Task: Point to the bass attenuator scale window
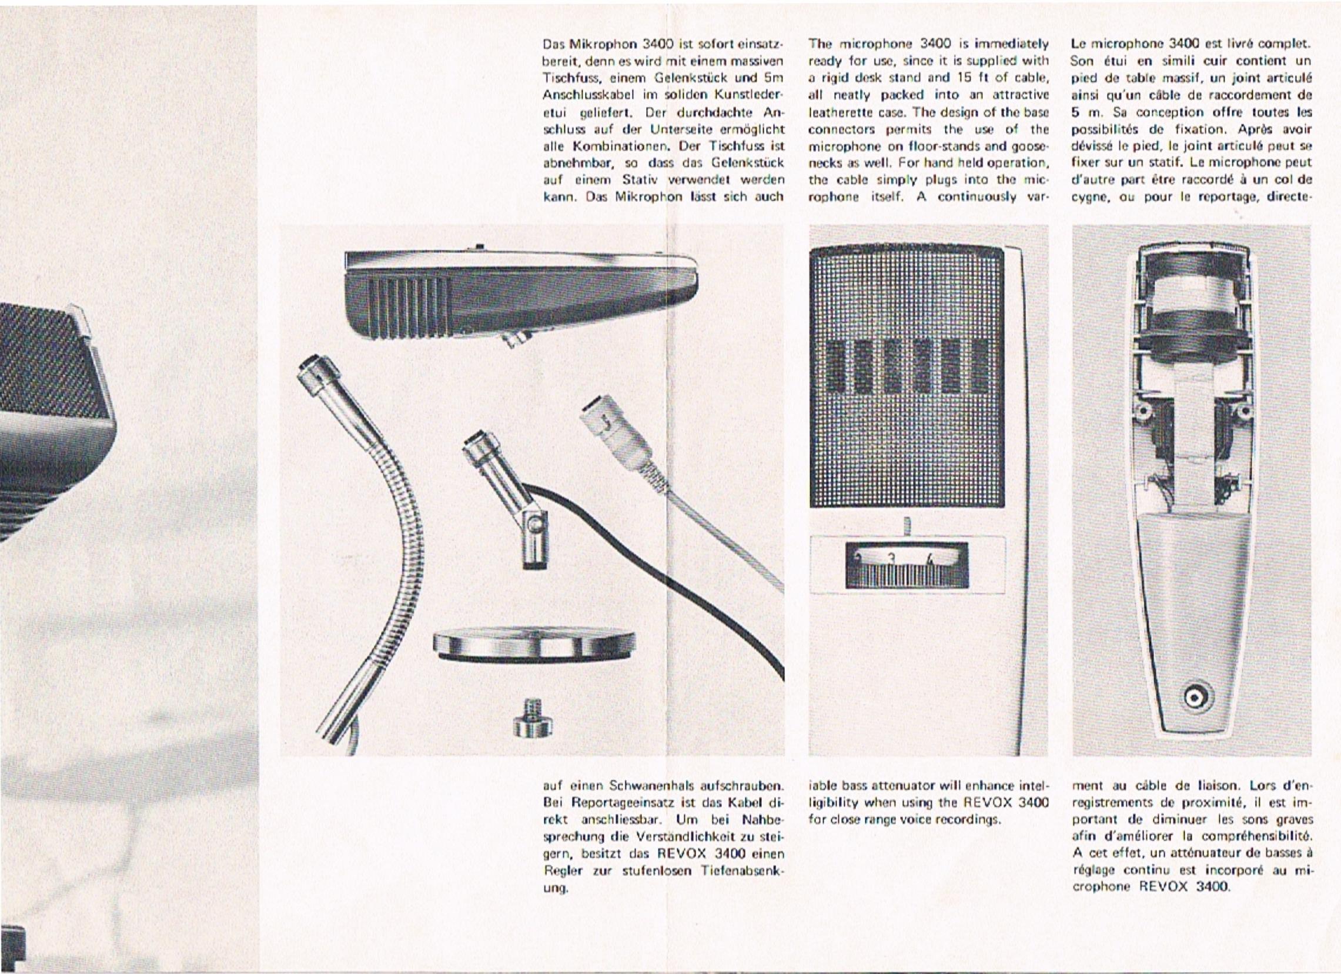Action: tap(908, 565)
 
